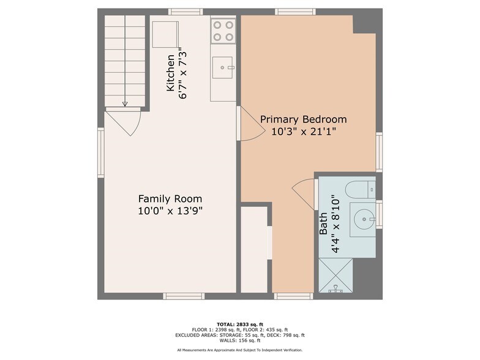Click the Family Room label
[x=170, y=199]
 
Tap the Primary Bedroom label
[x=303, y=119]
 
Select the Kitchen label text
[x=171, y=73]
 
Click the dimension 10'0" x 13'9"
[x=170, y=211]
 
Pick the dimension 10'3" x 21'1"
[x=303, y=131]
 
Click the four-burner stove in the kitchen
[x=223, y=31]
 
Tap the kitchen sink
[x=223, y=67]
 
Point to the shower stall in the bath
[x=336, y=275]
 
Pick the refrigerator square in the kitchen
[x=165, y=34]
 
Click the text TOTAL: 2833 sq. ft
[x=240, y=323]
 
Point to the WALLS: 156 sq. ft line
[x=240, y=340]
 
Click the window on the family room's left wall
[x=101, y=152]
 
